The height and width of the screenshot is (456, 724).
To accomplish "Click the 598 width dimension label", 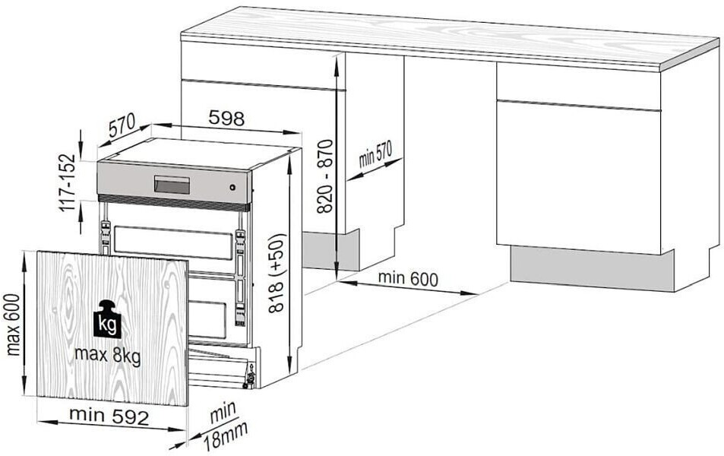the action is (226, 119).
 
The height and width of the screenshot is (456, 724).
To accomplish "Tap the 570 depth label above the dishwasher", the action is (122, 126).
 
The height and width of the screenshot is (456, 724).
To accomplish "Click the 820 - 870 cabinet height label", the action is (324, 176).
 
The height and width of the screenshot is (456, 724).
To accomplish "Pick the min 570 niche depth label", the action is (375, 155).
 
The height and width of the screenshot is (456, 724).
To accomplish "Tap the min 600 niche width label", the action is (408, 279).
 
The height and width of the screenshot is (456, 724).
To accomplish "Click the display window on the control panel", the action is (172, 185).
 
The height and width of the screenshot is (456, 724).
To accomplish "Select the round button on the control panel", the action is (232, 188).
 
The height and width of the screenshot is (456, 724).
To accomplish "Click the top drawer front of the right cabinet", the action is (577, 84).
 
